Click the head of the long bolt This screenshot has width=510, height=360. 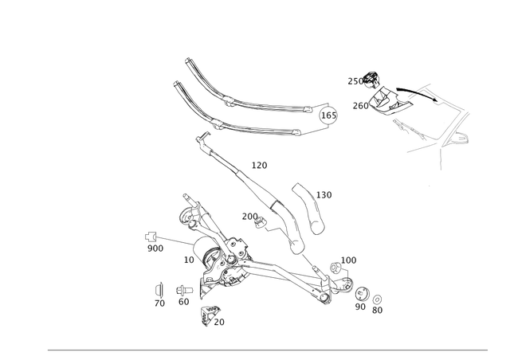149,236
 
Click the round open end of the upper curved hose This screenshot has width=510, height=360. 325,116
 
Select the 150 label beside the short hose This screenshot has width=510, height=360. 325,194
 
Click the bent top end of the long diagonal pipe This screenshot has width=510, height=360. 199,137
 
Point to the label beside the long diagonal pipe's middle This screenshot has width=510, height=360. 260,166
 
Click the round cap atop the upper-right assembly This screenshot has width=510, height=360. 370,78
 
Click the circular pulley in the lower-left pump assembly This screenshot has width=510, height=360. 222,266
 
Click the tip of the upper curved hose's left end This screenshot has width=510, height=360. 185,59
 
